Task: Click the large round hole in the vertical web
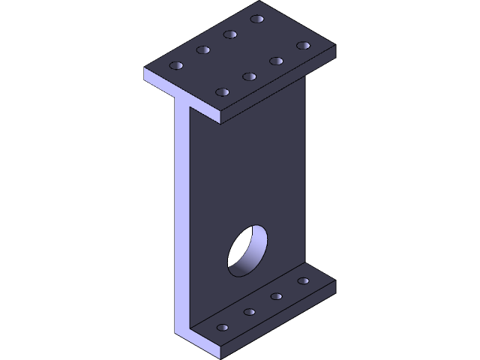(248, 250)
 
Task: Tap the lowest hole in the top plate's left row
(177, 66)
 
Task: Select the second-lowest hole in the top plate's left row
(203, 50)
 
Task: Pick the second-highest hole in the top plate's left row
(230, 34)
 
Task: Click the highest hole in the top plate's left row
(257, 18)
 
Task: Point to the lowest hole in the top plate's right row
(222, 92)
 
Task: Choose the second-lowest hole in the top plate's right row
(249, 76)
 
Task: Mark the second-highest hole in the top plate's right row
(276, 61)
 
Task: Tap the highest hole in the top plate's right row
(303, 45)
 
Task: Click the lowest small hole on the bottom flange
(222, 328)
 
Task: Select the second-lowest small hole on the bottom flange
(249, 312)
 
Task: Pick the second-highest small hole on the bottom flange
(276, 296)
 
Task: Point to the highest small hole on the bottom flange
(303, 280)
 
